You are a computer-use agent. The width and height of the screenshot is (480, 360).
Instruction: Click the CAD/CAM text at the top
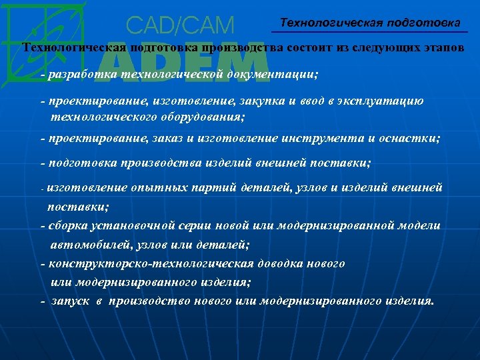pos(180,26)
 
